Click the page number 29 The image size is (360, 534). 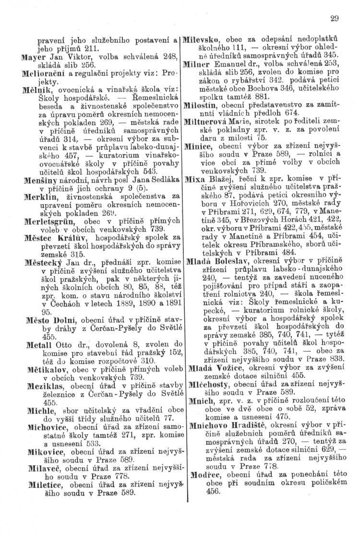point(335,19)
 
